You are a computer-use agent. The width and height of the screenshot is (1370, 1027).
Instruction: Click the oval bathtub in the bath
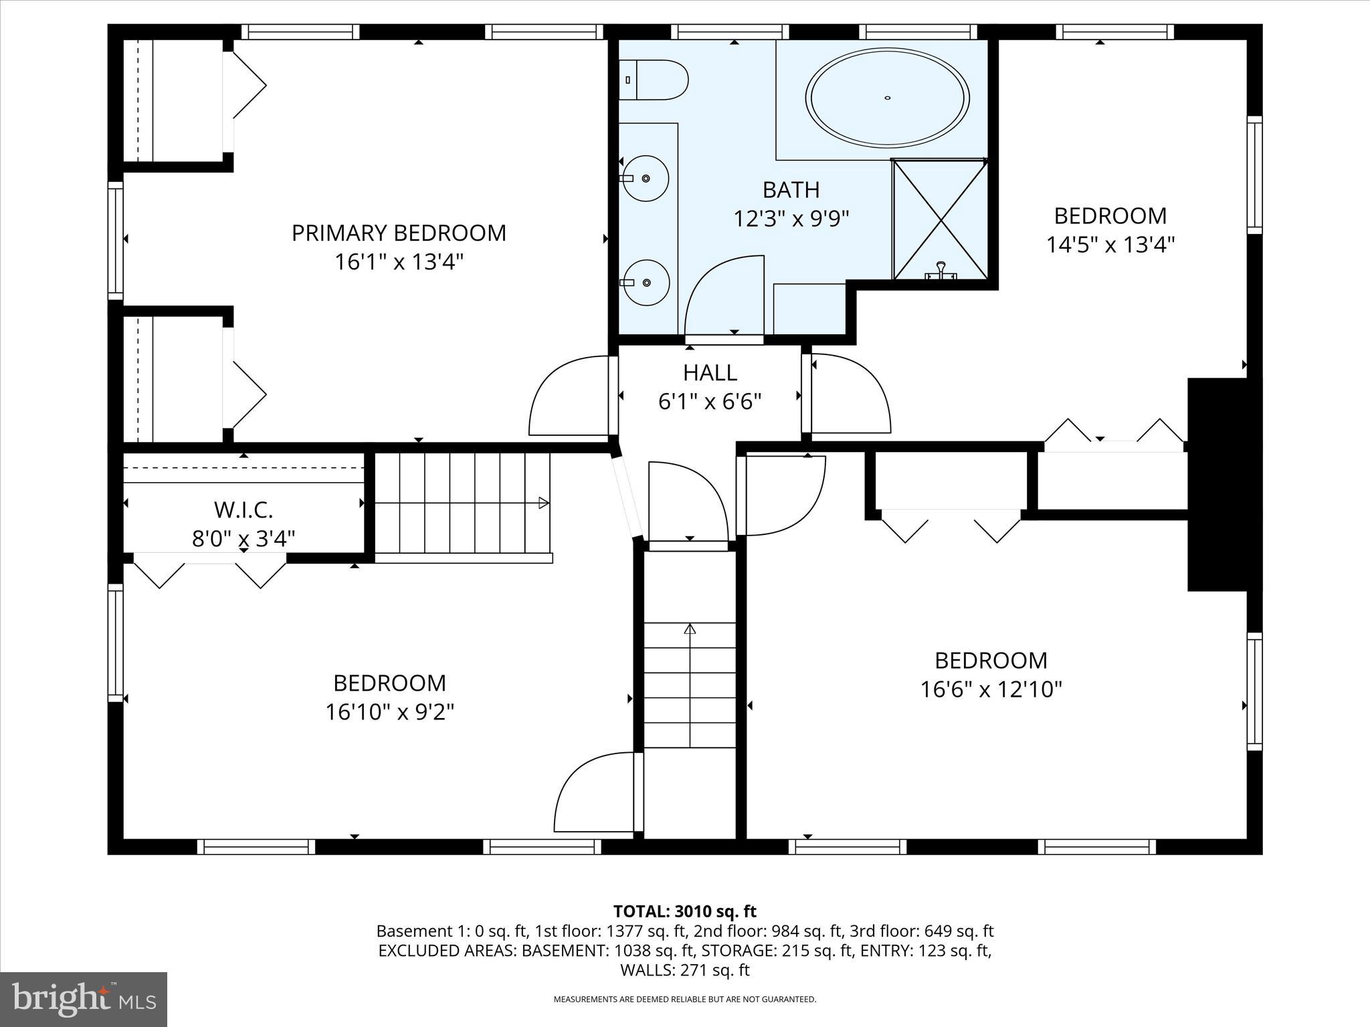pos(887,98)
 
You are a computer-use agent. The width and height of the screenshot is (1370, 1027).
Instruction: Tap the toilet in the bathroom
pos(653,80)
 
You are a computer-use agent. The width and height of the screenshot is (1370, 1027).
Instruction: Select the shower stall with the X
pos(940,219)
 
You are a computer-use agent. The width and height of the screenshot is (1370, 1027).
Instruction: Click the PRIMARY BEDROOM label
pos(399,233)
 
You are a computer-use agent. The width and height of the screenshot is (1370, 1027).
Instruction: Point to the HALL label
pos(710,372)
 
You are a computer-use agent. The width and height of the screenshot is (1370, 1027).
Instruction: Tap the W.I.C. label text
pos(243,509)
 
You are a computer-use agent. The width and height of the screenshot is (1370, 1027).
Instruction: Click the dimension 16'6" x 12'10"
pos(991,689)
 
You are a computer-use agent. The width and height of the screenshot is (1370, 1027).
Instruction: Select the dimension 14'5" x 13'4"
pos(1110,245)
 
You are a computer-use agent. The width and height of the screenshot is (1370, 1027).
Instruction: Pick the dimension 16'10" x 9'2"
pos(390,712)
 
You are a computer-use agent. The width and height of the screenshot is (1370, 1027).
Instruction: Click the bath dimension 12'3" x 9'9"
pos(791,219)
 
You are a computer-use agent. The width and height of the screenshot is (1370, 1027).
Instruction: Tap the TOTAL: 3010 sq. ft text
pos(685,911)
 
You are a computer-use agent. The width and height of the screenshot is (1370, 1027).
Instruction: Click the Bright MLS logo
pos(84,1000)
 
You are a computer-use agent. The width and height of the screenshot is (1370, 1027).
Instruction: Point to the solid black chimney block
pos(1224,485)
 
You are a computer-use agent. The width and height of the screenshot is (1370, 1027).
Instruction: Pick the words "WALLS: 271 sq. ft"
pos(685,969)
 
